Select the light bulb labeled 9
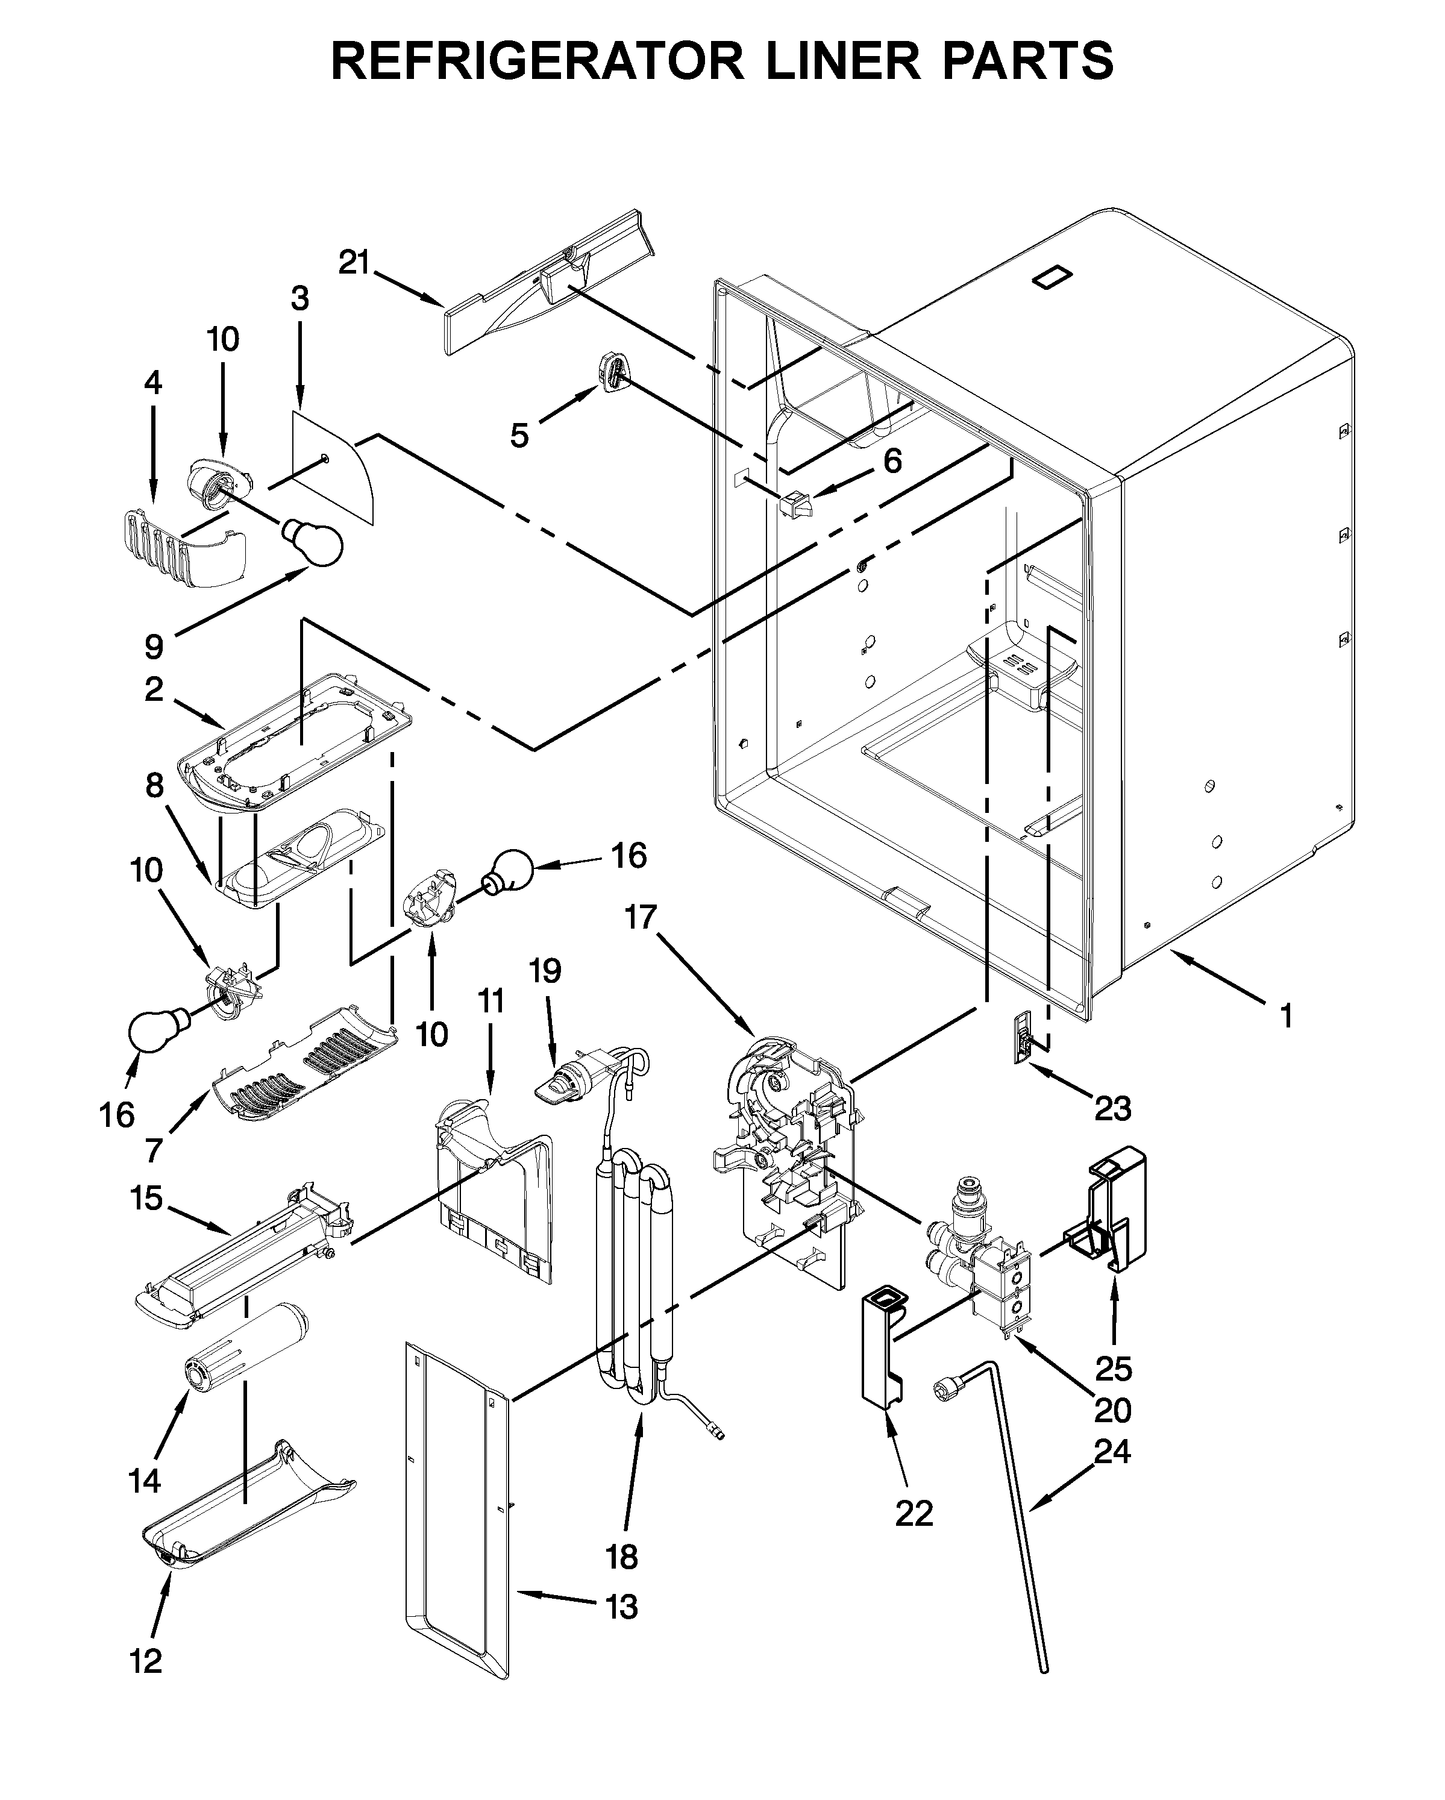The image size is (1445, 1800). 314,541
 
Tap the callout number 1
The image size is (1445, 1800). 1285,1016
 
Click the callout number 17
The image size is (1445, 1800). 642,918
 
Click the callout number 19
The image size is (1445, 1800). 546,970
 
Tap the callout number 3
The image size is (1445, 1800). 299,298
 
